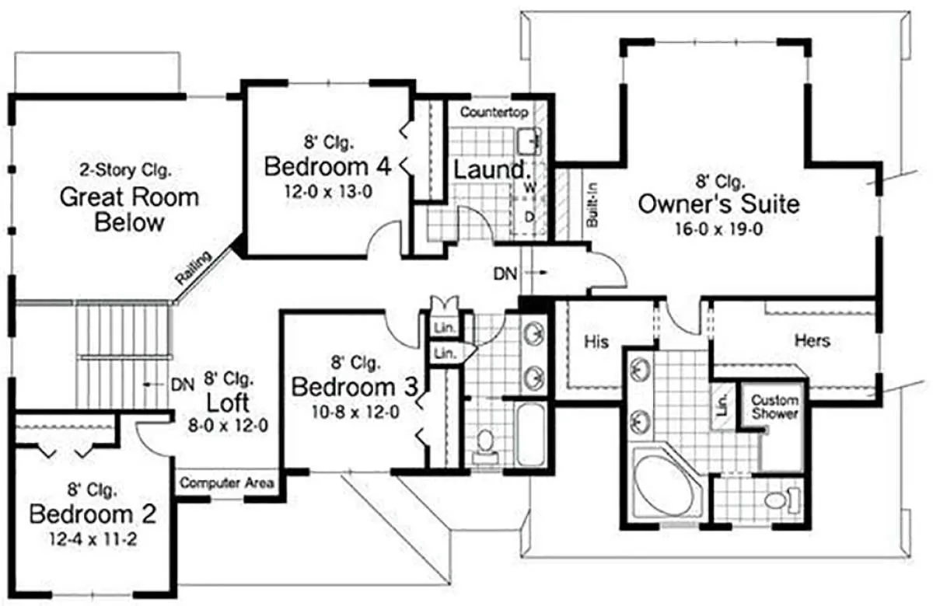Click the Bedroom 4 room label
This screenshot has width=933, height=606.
[328, 166]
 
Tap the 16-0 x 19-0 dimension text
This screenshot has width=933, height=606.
[719, 229]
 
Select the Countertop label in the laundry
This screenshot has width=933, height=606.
[494, 113]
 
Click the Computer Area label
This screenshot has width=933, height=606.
[227, 482]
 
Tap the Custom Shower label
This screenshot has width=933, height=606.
[774, 406]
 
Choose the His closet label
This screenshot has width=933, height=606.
[596, 342]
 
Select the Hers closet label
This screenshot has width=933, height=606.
[812, 340]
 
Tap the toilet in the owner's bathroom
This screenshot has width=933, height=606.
[783, 500]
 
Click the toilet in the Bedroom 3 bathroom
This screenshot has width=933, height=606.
[485, 446]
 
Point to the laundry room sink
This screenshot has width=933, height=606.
[529, 141]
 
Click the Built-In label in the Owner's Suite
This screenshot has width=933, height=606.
[592, 205]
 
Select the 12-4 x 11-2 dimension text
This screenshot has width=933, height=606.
[93, 540]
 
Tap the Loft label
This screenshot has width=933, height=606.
[228, 402]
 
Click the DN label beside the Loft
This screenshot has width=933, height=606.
[183, 385]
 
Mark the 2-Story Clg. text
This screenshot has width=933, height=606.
[126, 170]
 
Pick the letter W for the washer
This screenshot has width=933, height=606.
[529, 188]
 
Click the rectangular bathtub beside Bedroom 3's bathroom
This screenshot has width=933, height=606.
[530, 434]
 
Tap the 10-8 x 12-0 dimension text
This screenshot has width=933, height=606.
[355, 412]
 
